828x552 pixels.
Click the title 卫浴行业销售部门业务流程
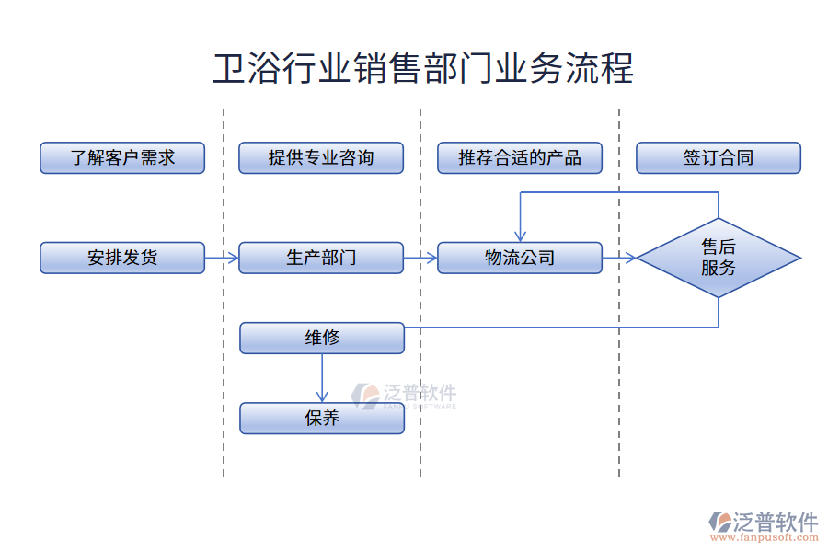click(422, 68)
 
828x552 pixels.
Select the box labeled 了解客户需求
click(122, 157)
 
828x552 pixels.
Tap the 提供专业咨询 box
click(321, 157)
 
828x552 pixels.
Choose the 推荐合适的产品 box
click(520, 157)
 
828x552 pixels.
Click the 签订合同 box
click(719, 157)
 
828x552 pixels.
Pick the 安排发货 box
click(122, 258)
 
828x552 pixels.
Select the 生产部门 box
click(321, 258)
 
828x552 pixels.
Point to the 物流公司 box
click(520, 258)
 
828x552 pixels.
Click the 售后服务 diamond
click(719, 258)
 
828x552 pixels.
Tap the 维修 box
click(322, 338)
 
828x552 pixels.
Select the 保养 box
click(322, 419)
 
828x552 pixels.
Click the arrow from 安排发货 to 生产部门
click(222, 258)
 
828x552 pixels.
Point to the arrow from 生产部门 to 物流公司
click(420, 258)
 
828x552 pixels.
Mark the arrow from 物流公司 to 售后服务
click(619, 258)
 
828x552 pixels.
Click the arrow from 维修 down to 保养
click(322, 378)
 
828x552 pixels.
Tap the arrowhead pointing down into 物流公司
click(520, 236)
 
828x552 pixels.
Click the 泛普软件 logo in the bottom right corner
click(764, 522)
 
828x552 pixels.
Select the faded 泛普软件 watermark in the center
click(405, 396)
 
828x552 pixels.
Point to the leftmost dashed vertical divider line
click(224, 294)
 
